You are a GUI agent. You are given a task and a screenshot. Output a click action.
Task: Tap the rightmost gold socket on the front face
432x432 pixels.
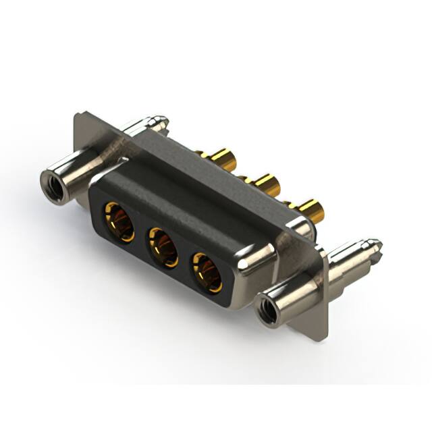(x=207, y=270)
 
